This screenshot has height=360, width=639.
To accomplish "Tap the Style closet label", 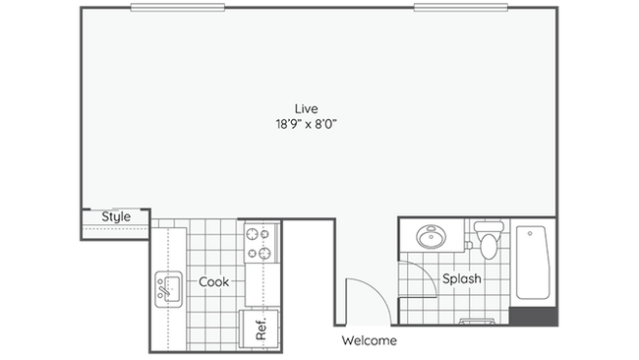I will (x=116, y=216).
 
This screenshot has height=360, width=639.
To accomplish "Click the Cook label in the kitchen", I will (x=213, y=282).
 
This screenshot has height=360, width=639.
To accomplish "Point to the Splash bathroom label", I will (x=461, y=279).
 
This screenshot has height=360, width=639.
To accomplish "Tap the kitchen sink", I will (x=167, y=288).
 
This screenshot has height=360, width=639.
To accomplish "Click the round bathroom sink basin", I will (x=430, y=238).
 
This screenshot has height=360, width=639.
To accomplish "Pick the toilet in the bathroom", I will (x=487, y=243).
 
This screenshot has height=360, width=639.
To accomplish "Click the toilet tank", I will (x=487, y=227).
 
